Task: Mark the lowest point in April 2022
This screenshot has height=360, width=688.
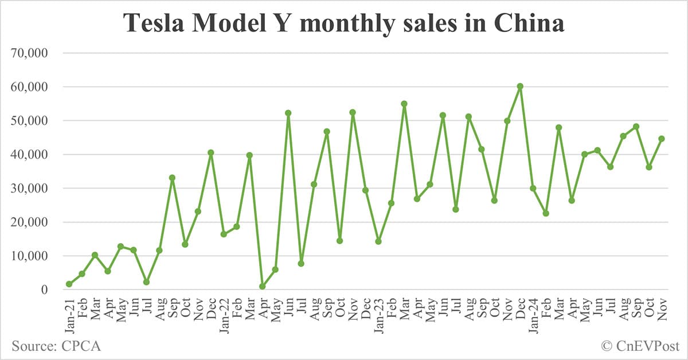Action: pos(262,286)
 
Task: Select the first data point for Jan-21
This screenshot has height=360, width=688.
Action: pos(69,284)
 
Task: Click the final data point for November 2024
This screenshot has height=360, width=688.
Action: pos(661,139)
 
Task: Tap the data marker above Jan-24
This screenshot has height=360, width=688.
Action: pos(533,188)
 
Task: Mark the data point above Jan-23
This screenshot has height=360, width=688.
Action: pos(378,241)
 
